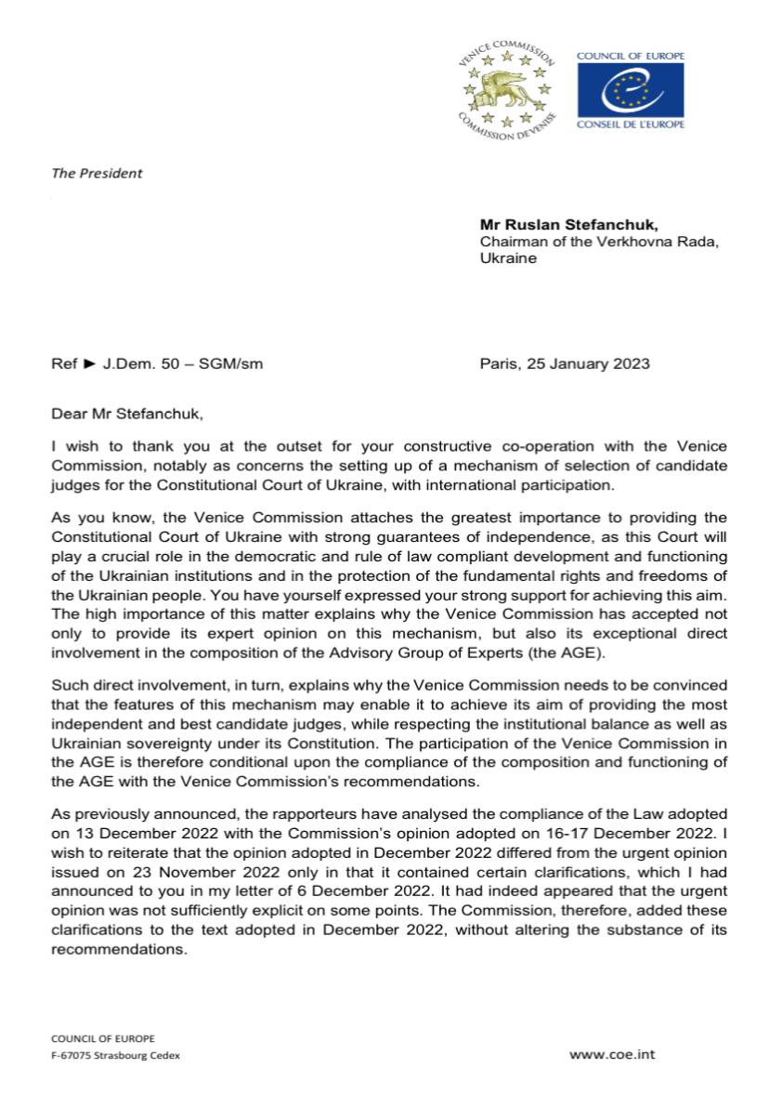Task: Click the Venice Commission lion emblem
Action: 506,90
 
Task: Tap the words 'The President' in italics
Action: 97,173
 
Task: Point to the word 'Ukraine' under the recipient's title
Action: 508,258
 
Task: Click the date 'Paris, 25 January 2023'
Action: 565,364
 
